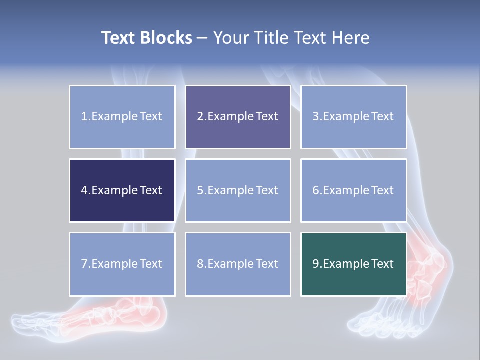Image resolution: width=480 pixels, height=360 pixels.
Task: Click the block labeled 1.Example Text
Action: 122,117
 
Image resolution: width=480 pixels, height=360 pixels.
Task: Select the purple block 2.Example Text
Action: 238,117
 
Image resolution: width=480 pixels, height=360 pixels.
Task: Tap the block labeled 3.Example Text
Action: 353,117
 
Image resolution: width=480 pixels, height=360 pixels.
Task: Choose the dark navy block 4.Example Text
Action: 122,190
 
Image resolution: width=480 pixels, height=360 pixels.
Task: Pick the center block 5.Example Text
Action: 238,190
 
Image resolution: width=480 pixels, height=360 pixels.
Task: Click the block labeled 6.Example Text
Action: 353,190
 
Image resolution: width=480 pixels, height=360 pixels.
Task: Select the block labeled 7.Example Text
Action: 122,264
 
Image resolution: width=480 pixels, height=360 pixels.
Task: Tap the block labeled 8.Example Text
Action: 238,264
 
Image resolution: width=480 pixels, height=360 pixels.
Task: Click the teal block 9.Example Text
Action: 353,264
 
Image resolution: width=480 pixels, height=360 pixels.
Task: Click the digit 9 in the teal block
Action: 316,264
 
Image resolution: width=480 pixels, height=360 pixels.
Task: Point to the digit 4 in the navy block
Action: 84,190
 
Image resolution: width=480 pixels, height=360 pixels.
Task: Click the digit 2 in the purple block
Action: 200,117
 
